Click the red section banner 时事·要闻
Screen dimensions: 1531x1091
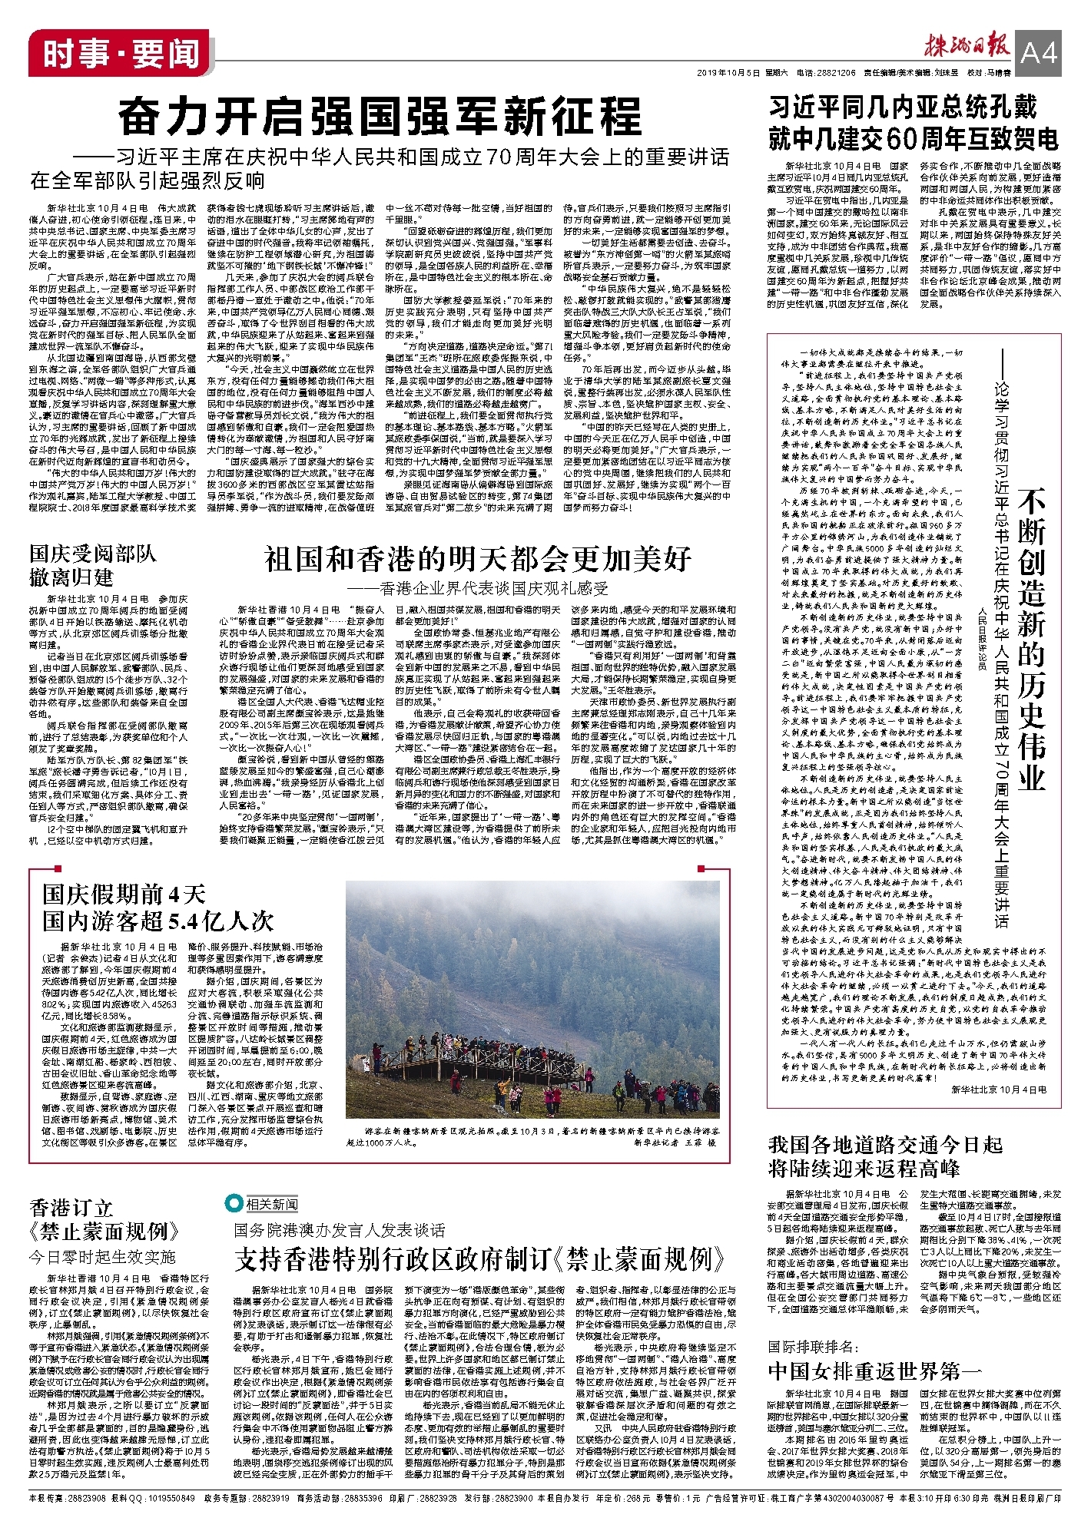(121, 54)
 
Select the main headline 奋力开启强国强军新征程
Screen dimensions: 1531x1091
(380, 117)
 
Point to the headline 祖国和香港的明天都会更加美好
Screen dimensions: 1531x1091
(477, 559)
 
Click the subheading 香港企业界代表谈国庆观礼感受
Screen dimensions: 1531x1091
(477, 589)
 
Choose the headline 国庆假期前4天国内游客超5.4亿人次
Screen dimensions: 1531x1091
(158, 907)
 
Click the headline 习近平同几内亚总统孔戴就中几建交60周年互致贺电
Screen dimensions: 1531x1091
(914, 123)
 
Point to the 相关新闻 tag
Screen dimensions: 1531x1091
(262, 1203)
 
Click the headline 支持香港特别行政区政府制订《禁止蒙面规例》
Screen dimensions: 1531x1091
(479, 1258)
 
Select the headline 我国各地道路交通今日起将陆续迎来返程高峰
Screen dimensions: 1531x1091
(885, 1156)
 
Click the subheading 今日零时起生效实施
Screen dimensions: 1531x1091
(103, 1257)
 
